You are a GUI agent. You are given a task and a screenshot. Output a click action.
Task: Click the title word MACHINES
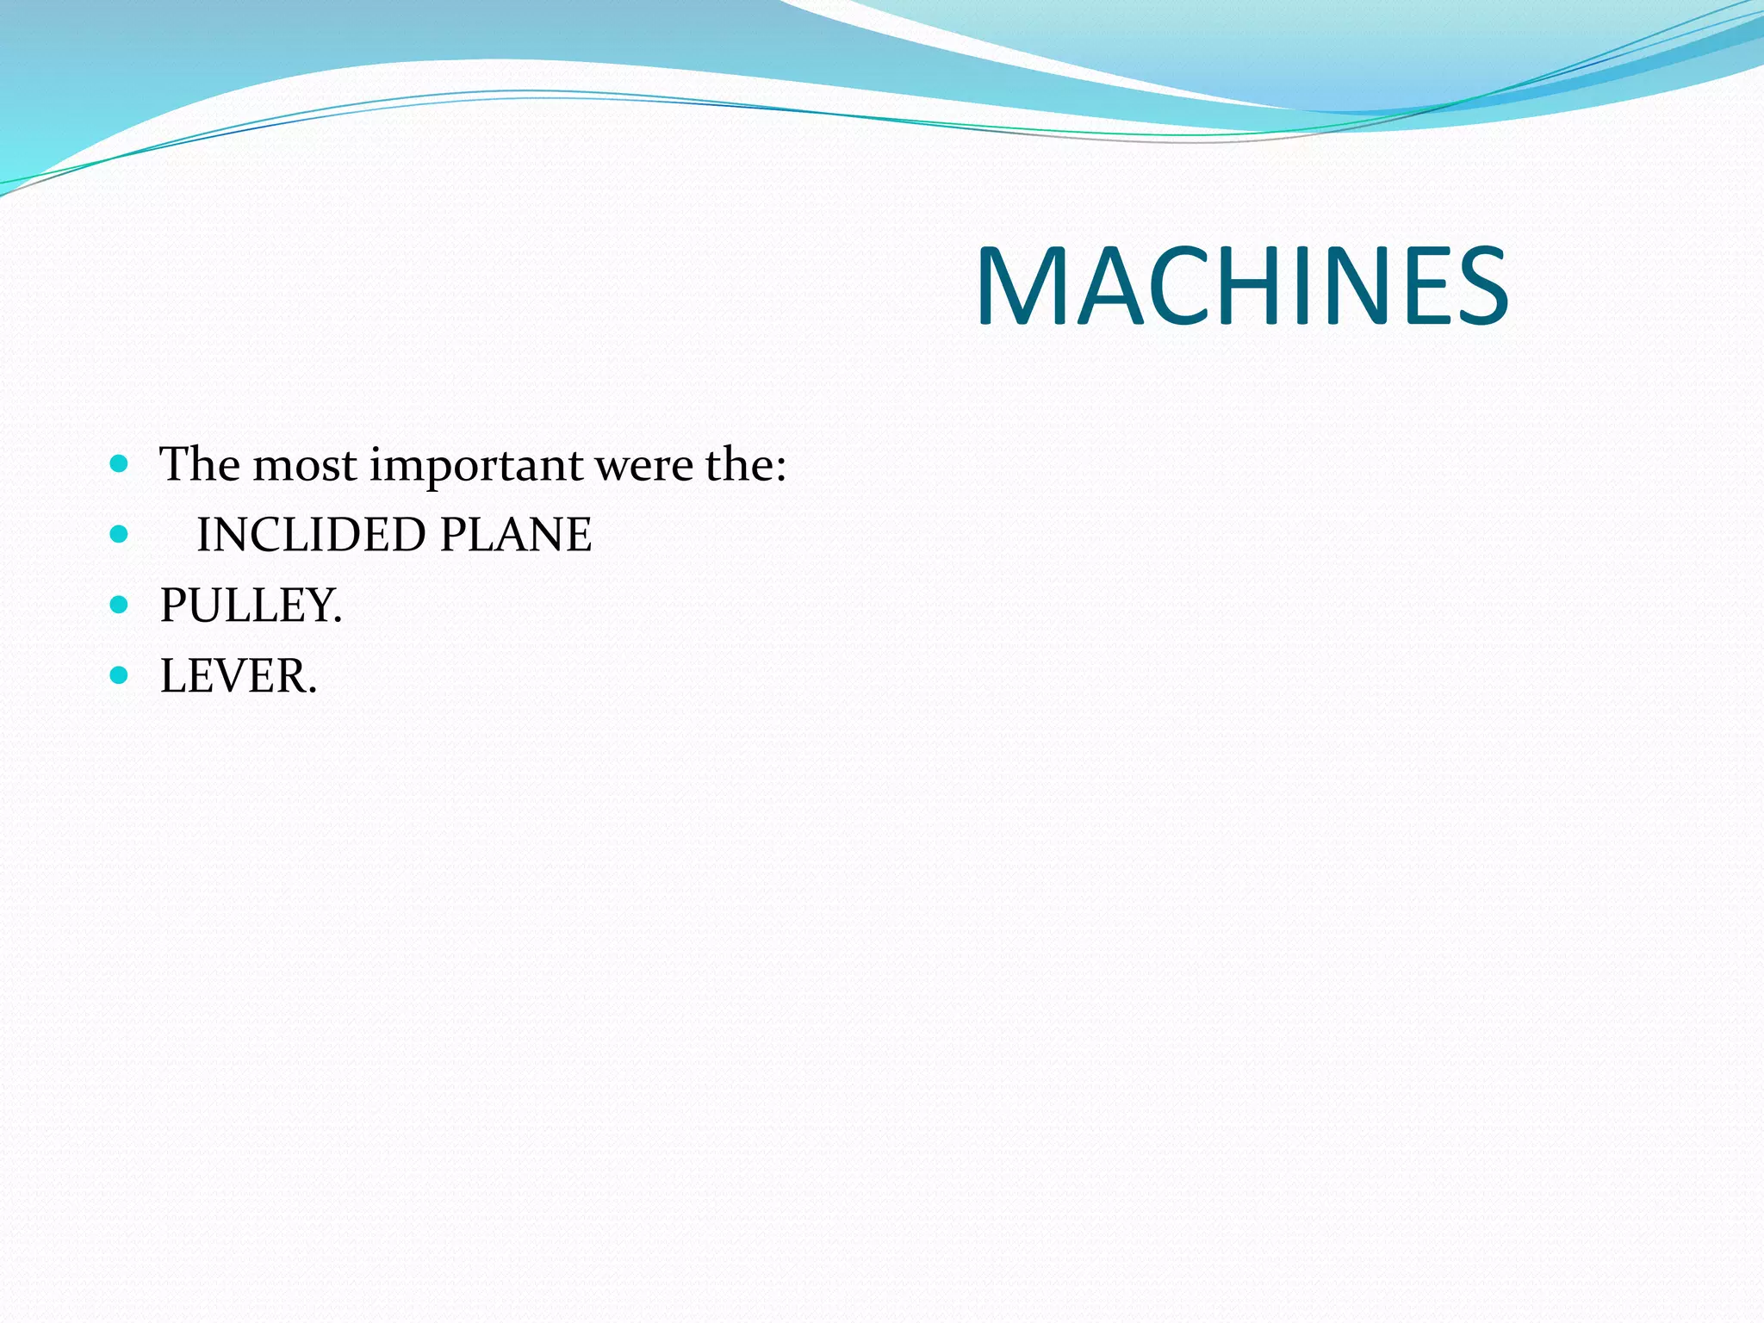(x=1241, y=286)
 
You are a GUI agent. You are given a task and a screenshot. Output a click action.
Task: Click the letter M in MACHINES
(x=1020, y=286)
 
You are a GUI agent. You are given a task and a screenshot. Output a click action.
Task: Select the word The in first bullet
(x=200, y=464)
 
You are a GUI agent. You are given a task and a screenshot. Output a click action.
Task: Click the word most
(x=305, y=466)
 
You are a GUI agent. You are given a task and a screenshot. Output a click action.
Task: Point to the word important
(x=476, y=466)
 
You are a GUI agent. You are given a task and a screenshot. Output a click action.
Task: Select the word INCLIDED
(x=311, y=535)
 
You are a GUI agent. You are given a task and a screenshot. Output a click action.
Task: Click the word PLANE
(x=515, y=535)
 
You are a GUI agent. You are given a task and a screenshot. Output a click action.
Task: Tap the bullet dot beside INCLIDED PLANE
(x=120, y=535)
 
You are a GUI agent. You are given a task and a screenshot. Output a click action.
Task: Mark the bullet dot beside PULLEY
(x=120, y=605)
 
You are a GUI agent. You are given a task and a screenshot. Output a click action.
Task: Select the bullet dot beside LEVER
(x=120, y=674)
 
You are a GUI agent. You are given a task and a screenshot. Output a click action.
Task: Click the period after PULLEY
(x=338, y=620)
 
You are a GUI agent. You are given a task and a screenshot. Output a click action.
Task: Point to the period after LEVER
(x=312, y=691)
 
